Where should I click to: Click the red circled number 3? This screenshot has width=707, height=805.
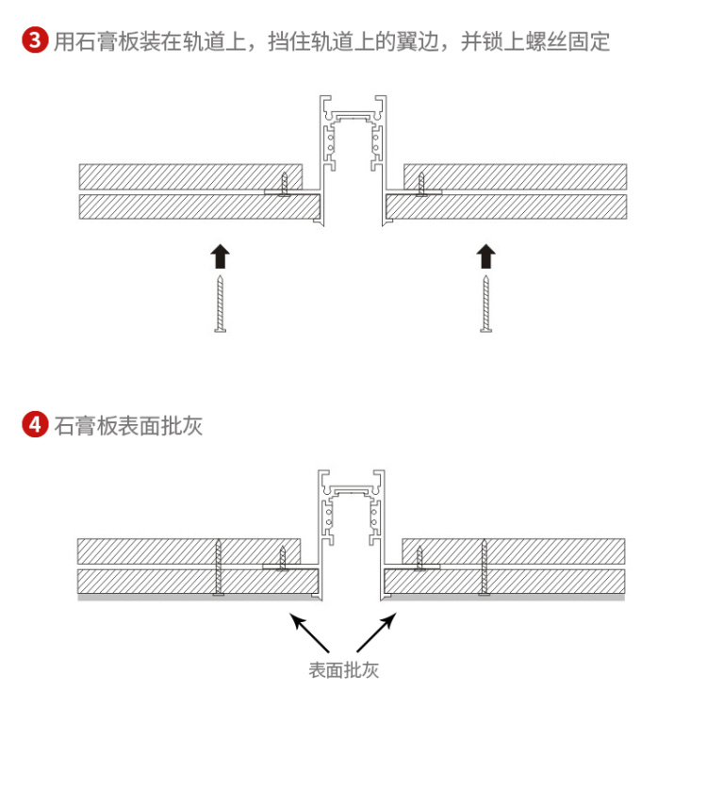point(35,41)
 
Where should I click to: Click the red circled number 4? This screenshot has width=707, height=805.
point(35,424)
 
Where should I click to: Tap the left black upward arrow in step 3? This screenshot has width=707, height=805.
point(221,256)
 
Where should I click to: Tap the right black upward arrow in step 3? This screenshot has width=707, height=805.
point(485,256)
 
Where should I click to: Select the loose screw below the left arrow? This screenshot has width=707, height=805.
point(221,304)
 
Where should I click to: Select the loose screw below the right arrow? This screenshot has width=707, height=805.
point(485,304)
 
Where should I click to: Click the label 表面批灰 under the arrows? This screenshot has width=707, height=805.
point(343,670)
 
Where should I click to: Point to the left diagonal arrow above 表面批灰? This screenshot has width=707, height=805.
point(309,632)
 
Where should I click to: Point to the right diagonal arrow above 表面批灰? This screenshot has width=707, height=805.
point(377,632)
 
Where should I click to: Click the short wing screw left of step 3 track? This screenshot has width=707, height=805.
point(284,184)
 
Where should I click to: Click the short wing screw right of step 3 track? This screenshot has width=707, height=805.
point(421,184)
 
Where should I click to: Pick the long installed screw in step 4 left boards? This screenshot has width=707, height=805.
point(219,567)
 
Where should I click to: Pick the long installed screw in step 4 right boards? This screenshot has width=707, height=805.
point(484,567)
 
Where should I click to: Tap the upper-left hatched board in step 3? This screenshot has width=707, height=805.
point(190,176)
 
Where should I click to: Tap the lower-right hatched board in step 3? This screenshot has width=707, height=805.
point(506,206)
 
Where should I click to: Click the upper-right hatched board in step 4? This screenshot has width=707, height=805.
point(514,551)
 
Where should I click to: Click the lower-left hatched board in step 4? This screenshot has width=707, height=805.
point(198,582)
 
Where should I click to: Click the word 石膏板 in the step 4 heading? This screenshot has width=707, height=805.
point(86,426)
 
